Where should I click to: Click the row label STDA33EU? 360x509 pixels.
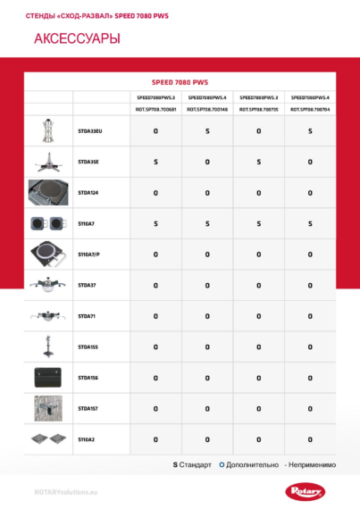[x=90, y=131]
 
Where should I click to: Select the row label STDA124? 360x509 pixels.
[x=88, y=193]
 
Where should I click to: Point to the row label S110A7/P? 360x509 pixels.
[x=89, y=254]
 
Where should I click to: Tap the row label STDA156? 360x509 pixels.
[x=88, y=378]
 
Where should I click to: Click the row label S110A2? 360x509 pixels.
[x=87, y=439]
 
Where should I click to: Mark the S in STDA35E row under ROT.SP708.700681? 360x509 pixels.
[x=155, y=162]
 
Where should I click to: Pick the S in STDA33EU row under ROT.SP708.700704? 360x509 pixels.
[x=310, y=131]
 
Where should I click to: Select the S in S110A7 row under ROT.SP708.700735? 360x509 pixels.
[x=258, y=223]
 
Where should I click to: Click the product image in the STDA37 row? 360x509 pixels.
[x=48, y=286]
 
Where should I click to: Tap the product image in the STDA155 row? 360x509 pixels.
[x=48, y=346]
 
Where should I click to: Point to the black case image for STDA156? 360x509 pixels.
[x=48, y=378]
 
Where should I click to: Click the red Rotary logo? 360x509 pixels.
[x=308, y=490]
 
